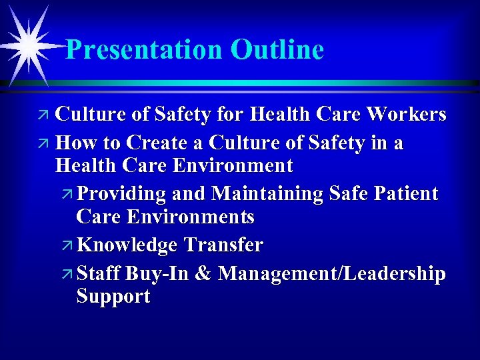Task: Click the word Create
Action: tap(165, 143)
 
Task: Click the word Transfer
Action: tap(223, 245)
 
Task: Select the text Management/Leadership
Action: tap(332, 273)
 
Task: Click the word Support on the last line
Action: tap(113, 297)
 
